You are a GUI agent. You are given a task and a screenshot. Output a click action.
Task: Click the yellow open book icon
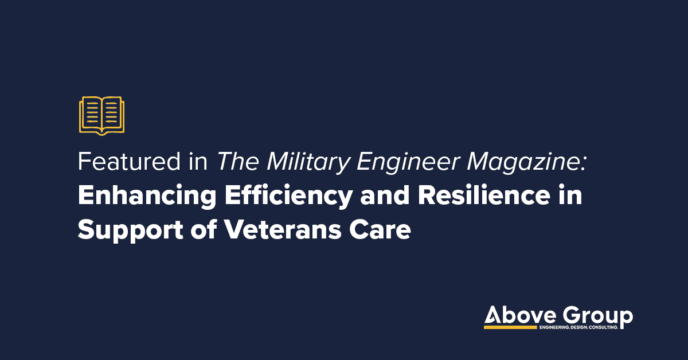tap(101, 116)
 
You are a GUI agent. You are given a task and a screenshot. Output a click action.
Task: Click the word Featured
tap(129, 162)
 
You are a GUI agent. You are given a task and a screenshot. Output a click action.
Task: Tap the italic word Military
tap(308, 163)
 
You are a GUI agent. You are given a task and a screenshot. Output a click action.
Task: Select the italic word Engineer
tap(408, 163)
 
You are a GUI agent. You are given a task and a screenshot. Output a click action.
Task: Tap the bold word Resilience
tap(484, 195)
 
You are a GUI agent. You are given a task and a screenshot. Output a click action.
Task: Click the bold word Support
tap(131, 231)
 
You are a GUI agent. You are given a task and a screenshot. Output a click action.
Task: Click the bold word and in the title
tap(385, 195)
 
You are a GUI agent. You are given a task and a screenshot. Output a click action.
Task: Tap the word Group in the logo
tap(597, 317)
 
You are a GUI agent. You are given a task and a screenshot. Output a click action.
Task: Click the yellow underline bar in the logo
tap(510, 327)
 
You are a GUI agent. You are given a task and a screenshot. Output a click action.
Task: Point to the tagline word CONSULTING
tap(603, 327)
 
